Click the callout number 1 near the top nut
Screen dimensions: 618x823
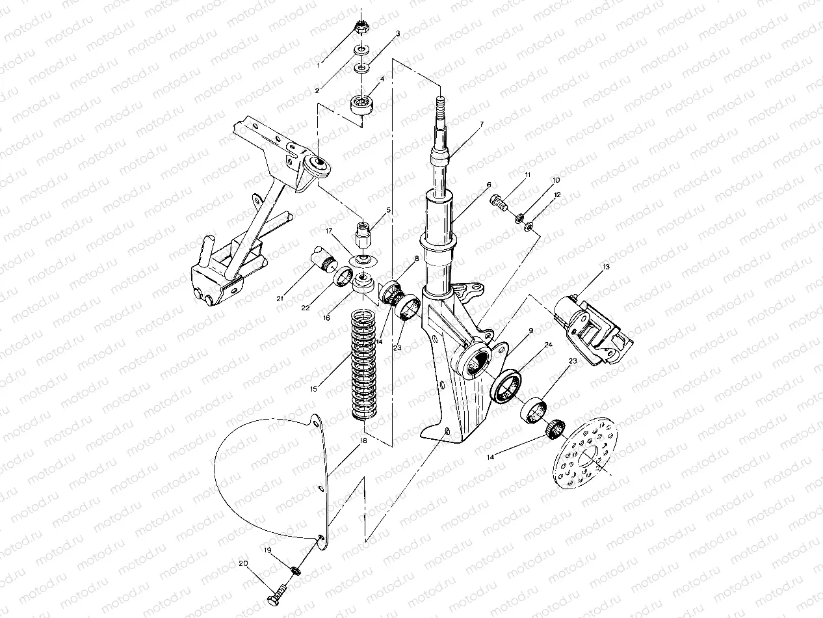coord(319,65)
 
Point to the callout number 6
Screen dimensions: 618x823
coord(488,185)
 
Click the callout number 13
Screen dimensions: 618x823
coord(606,267)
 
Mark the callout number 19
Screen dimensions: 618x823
coord(267,550)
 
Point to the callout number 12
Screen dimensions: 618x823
coord(557,195)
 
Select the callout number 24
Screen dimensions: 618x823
coord(549,344)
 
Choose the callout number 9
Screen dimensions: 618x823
coord(530,330)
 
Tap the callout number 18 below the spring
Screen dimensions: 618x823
coord(363,440)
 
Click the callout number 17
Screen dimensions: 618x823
coord(330,231)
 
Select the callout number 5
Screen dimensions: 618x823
coord(388,210)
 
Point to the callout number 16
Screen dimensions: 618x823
coord(327,318)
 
